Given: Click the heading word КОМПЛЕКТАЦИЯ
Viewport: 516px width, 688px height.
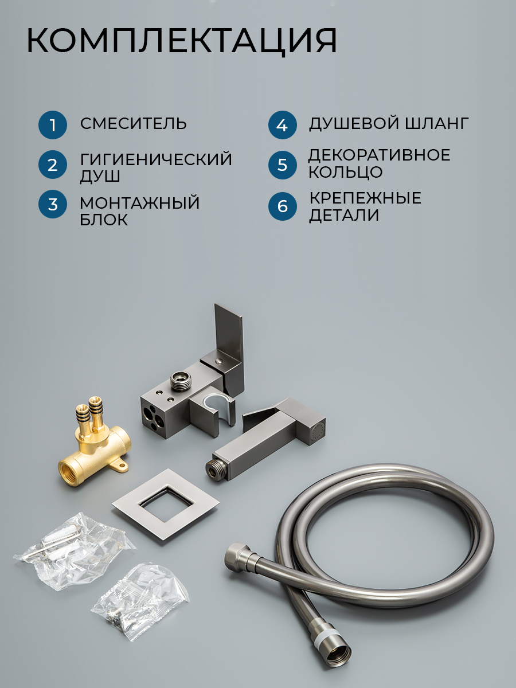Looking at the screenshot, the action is [x=182, y=41].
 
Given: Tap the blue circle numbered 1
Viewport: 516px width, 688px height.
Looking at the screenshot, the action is [x=53, y=125].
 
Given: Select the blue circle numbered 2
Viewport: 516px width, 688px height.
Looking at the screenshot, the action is [x=53, y=165].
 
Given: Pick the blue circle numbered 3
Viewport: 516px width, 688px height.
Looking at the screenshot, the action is [x=53, y=204].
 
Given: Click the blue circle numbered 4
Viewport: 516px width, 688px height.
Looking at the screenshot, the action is [x=282, y=125].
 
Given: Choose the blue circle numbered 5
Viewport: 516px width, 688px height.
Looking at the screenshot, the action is [x=282, y=165].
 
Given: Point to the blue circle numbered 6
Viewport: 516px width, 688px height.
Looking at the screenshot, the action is [x=282, y=206].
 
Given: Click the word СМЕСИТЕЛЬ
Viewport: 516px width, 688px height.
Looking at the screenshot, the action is [x=134, y=123].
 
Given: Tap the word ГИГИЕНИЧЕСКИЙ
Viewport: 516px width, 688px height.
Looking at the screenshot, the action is [x=156, y=159].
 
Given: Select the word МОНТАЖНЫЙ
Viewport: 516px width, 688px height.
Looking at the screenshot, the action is [x=140, y=202].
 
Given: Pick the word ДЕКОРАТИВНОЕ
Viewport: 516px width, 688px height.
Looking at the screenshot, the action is [x=380, y=155].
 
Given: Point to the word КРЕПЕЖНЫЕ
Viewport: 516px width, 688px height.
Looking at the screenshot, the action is [x=365, y=198].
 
